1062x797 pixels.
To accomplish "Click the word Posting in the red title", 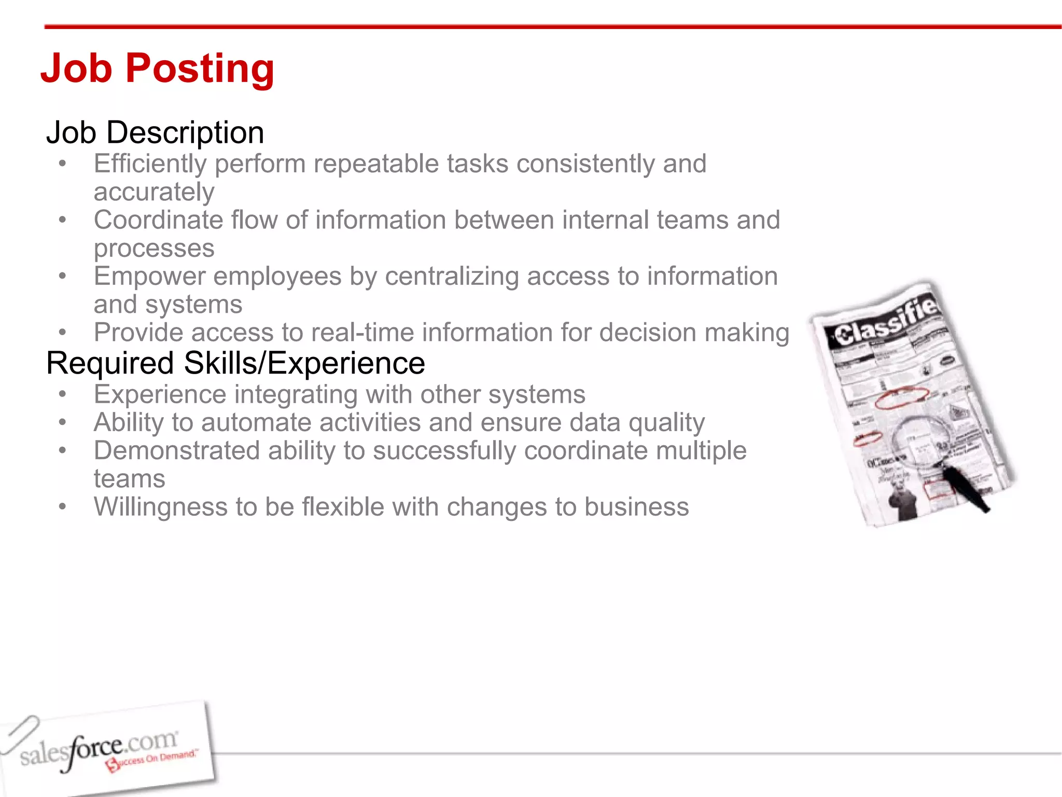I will click(x=200, y=68).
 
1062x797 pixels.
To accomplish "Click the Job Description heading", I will click(x=155, y=132).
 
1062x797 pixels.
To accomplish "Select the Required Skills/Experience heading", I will click(x=235, y=363).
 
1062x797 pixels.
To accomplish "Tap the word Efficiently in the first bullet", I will click(x=150, y=164).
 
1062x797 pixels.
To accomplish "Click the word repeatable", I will click(x=377, y=164).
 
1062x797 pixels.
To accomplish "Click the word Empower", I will click(x=149, y=276).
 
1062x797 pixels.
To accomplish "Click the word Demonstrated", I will click(x=176, y=450).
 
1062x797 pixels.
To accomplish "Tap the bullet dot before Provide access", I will click(x=63, y=332).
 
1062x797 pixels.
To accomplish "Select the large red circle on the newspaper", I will click(x=901, y=398).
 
